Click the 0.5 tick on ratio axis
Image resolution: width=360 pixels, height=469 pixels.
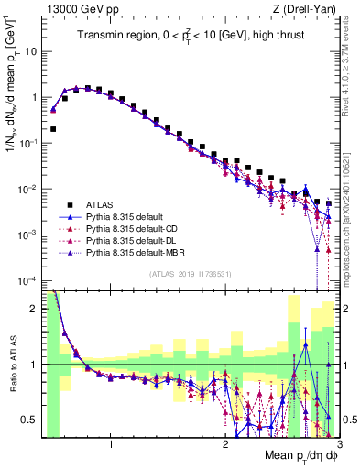coord(31,420)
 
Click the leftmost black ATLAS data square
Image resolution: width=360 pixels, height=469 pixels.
coord(53,129)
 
